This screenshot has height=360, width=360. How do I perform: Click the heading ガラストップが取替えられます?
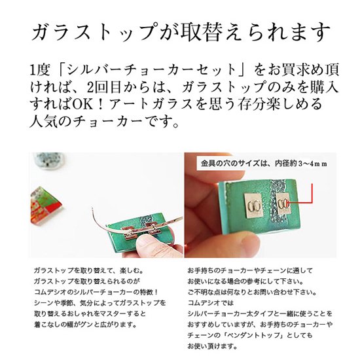181,32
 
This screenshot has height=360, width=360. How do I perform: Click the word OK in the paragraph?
83,104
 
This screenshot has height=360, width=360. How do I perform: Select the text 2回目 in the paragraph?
104,87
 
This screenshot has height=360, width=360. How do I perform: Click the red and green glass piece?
45,205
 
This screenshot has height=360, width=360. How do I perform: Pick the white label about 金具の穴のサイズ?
263,164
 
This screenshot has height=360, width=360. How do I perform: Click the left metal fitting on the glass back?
253,205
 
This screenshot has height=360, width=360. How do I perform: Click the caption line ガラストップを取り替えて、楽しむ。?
88,270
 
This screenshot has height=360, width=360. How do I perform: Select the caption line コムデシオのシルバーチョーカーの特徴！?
96,292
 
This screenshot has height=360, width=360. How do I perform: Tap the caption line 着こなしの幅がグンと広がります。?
86,325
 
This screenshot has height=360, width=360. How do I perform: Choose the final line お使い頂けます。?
212,346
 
